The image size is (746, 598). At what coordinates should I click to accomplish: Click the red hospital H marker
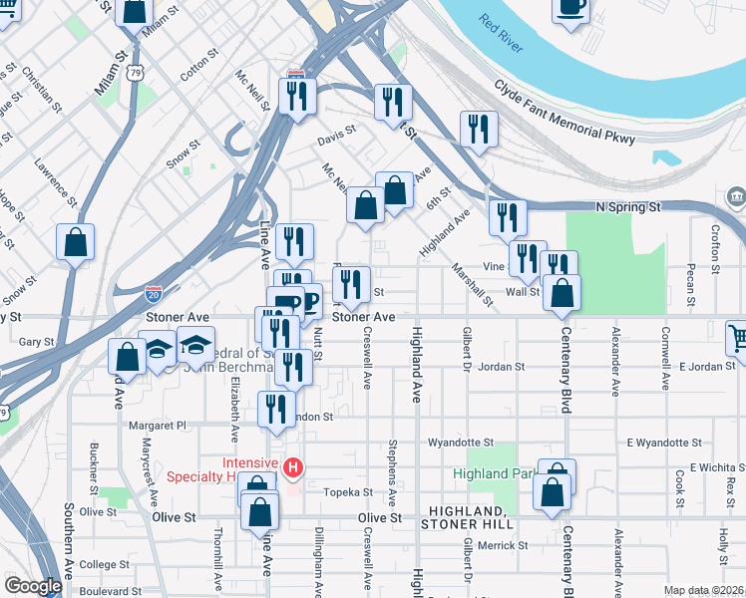293,466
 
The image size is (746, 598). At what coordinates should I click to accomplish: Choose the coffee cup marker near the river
571,8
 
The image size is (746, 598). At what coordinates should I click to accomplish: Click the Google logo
33,586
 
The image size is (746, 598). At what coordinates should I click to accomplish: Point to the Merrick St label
495,545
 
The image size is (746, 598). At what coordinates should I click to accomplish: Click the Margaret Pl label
158,425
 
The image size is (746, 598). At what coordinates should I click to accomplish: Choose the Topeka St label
349,492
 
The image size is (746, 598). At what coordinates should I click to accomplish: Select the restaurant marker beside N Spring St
508,217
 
